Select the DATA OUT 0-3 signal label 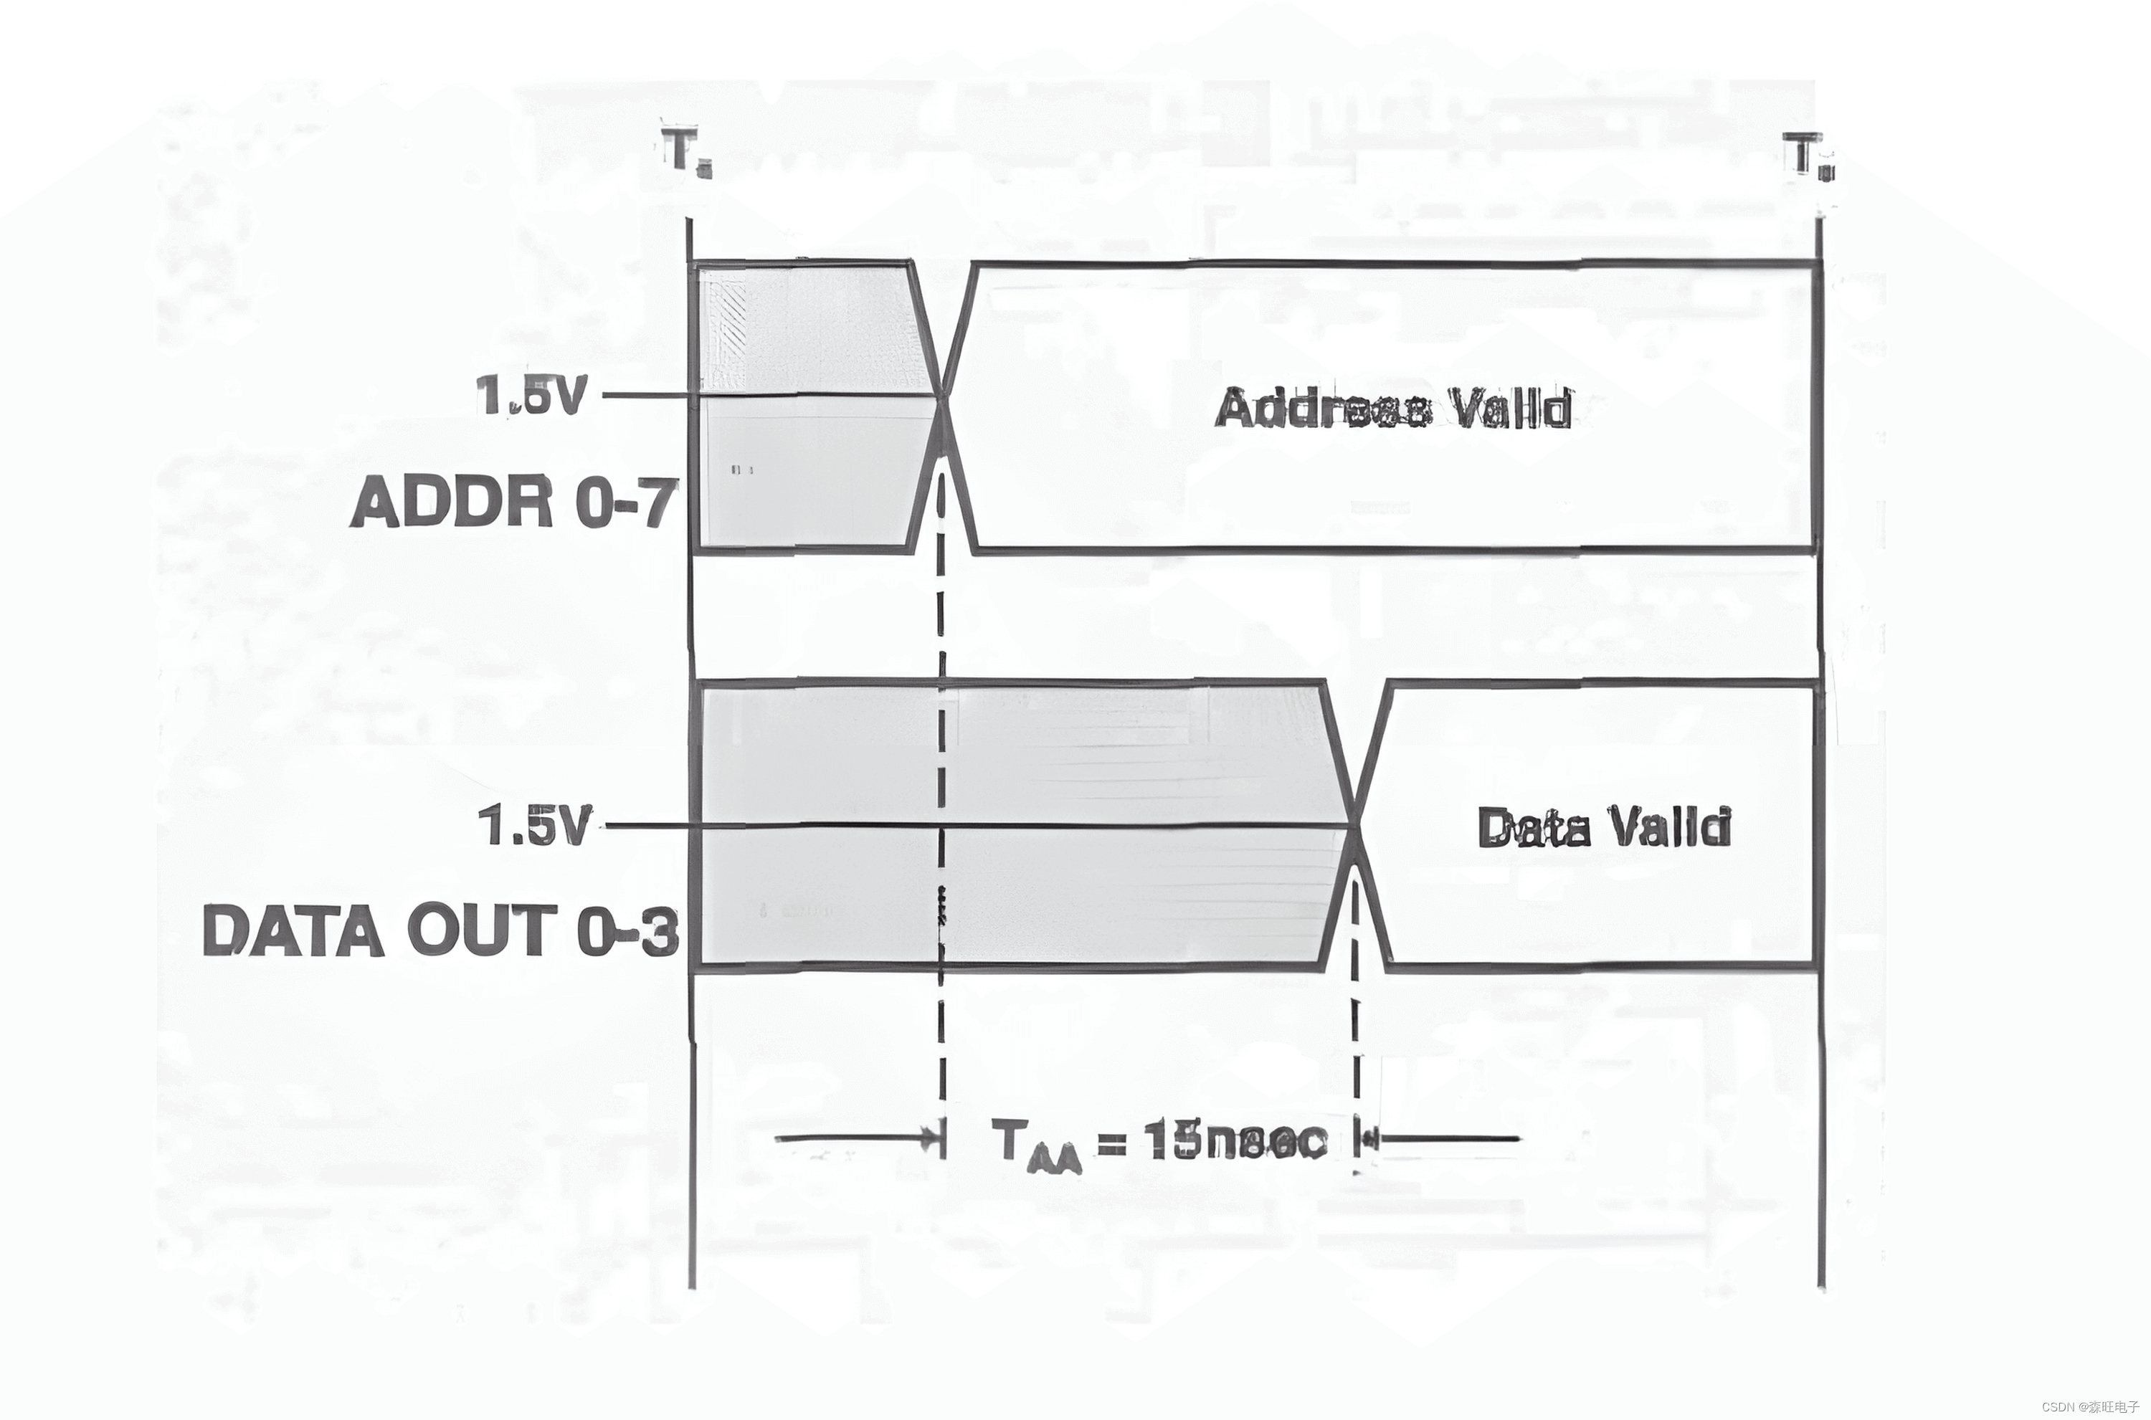click(440, 930)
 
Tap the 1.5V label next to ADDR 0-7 click(530, 396)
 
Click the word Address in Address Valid click(1322, 409)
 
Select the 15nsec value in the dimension click(1236, 1140)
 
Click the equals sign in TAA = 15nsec click(1112, 1142)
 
